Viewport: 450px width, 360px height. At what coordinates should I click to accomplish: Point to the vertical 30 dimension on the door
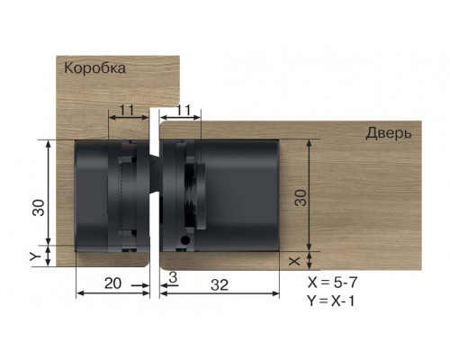(x=301, y=196)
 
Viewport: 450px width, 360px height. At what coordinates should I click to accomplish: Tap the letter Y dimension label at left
(x=35, y=256)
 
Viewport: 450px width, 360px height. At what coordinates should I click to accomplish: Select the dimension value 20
(x=112, y=283)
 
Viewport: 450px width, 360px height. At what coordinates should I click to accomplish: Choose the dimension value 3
(x=171, y=274)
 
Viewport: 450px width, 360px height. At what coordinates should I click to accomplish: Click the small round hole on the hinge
(x=184, y=240)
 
